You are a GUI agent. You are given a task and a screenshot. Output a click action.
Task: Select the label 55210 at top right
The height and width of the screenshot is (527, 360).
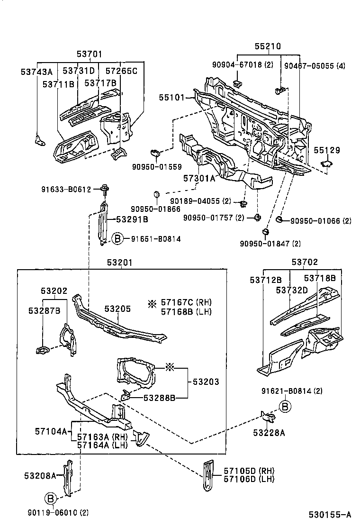268,46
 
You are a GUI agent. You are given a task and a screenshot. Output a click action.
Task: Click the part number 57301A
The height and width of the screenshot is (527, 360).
199,178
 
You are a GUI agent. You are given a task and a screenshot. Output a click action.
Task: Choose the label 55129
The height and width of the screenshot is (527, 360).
327,150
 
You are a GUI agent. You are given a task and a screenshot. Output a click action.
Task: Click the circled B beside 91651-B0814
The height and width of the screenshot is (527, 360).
117,239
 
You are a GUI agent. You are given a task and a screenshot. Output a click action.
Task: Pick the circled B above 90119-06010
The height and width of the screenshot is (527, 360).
51,498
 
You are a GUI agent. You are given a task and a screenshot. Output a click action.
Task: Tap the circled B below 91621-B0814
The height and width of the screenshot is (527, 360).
284,406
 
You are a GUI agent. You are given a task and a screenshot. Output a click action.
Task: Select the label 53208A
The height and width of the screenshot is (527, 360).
40,475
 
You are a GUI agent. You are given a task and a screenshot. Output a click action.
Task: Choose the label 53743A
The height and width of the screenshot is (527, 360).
36,72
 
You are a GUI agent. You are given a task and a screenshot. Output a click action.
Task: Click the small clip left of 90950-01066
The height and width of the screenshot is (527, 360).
279,219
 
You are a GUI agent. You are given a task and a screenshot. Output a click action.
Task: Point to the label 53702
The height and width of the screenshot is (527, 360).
305,262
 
